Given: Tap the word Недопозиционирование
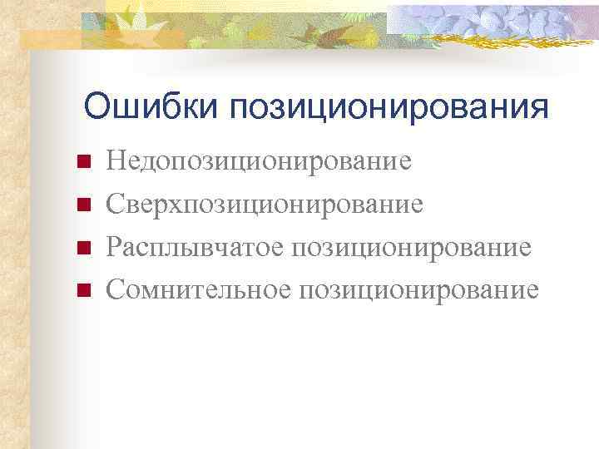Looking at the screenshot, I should (259, 160).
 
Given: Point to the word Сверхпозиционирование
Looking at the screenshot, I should (265, 203).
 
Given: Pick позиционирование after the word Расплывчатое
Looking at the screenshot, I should (413, 247).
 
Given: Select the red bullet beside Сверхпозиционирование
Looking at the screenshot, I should (82, 204).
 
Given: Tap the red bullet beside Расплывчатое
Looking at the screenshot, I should (82, 247).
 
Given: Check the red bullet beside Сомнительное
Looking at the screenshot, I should (82, 290).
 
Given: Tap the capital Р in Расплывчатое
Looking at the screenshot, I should (115, 246).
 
